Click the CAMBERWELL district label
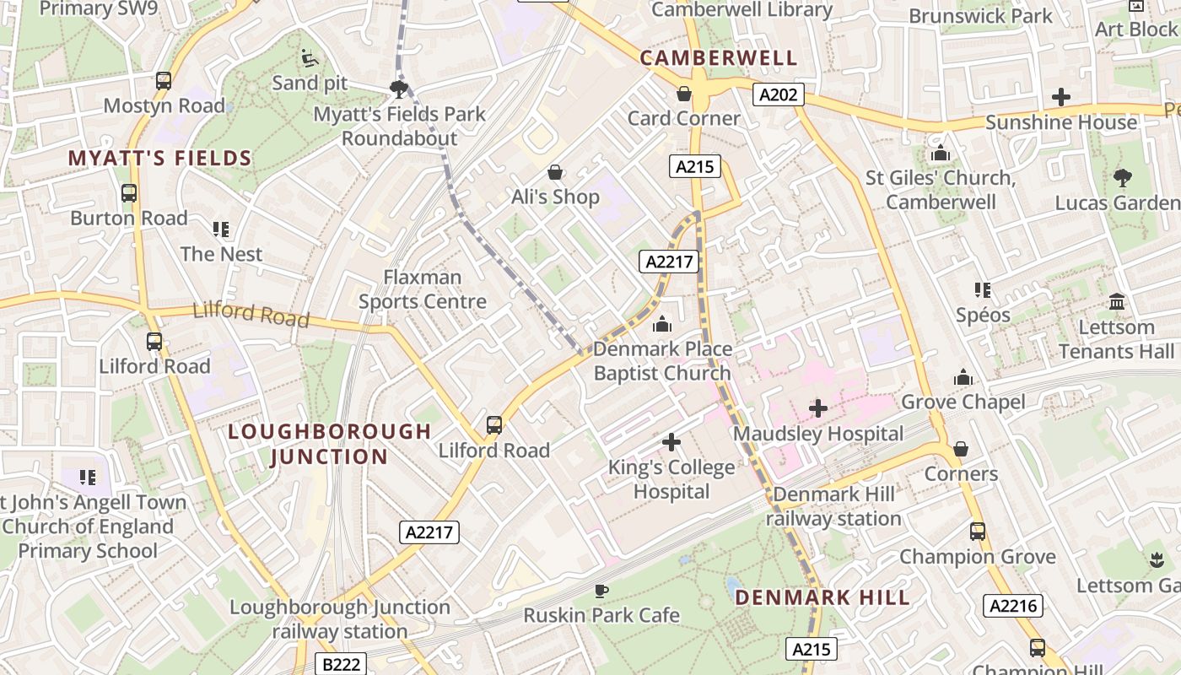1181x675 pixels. (x=718, y=58)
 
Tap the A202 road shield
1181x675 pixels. (x=778, y=94)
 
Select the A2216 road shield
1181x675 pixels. (x=1013, y=605)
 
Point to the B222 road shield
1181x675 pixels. (x=342, y=664)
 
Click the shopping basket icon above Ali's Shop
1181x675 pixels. (x=555, y=173)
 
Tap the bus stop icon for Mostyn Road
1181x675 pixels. (x=164, y=81)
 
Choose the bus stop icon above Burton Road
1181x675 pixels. (x=129, y=193)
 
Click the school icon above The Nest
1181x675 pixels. (x=221, y=229)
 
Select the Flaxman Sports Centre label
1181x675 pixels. (x=423, y=289)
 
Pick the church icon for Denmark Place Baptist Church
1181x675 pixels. (x=662, y=324)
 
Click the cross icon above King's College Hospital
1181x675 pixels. (x=671, y=442)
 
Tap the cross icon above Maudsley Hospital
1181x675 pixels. (x=817, y=409)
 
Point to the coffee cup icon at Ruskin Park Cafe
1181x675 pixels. (x=601, y=591)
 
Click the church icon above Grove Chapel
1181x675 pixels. (x=963, y=377)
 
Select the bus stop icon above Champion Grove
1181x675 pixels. (x=977, y=532)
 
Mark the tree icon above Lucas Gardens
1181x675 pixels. (x=1122, y=178)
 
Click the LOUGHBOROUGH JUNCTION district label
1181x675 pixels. (x=330, y=444)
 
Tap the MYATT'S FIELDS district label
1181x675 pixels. (x=160, y=158)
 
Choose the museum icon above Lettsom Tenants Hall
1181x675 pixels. (x=1117, y=302)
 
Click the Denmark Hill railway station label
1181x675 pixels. (x=833, y=506)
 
